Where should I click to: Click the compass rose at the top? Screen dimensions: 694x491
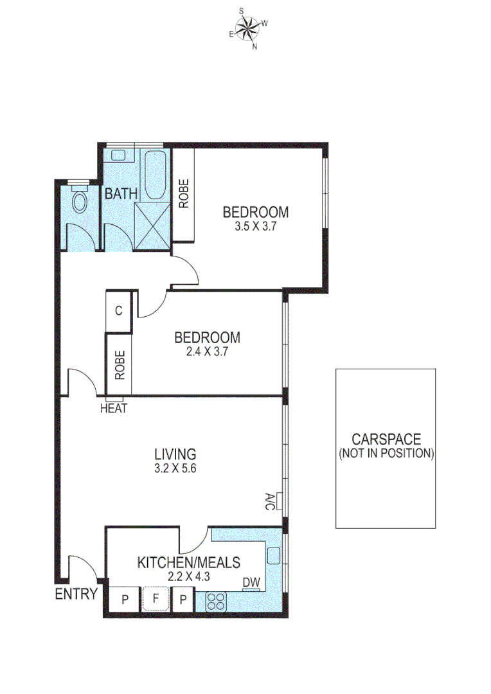(247, 28)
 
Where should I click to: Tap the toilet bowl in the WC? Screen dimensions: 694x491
(80, 202)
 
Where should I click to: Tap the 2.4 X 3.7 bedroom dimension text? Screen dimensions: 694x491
(207, 351)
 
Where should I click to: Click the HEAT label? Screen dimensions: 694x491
(114, 408)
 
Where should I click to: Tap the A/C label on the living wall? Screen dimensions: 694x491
(269, 501)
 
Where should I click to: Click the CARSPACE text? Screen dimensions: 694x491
(386, 440)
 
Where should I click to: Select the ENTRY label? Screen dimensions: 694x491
(76, 594)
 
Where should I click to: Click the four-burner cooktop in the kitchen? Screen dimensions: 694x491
(215, 602)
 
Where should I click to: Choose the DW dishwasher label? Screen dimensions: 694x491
(251, 582)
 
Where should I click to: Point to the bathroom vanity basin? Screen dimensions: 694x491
(118, 155)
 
